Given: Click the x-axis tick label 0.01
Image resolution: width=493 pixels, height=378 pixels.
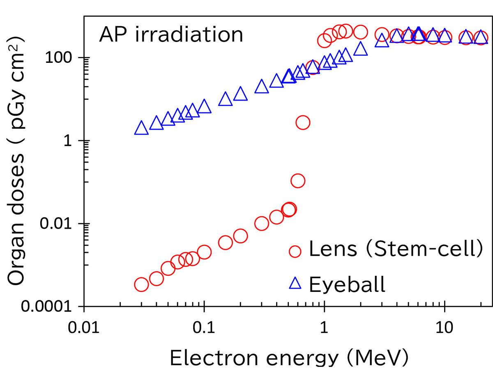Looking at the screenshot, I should [83, 329].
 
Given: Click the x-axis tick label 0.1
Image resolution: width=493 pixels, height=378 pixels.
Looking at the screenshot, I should [204, 329].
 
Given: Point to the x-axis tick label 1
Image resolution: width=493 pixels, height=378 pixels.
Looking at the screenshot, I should [324, 329].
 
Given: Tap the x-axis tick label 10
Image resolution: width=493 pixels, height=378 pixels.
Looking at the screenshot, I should [444, 329].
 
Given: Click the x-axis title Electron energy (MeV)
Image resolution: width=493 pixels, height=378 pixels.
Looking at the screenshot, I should [289, 358].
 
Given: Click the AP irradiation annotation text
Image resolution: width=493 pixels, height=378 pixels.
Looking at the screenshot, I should [171, 34].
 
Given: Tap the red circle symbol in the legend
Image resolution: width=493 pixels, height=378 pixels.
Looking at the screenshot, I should [295, 252].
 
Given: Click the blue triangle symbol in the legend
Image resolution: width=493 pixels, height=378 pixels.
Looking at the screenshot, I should [295, 283].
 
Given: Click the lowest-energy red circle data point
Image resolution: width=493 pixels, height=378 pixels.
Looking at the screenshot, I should [141, 284].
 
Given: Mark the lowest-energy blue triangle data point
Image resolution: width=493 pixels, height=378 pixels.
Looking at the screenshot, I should [141, 128].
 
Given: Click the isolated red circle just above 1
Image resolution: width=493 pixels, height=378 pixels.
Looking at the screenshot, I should [303, 122].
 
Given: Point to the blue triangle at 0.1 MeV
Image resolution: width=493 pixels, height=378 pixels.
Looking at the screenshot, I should [204, 107].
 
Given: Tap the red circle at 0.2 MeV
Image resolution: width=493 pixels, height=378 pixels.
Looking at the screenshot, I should [240, 236].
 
